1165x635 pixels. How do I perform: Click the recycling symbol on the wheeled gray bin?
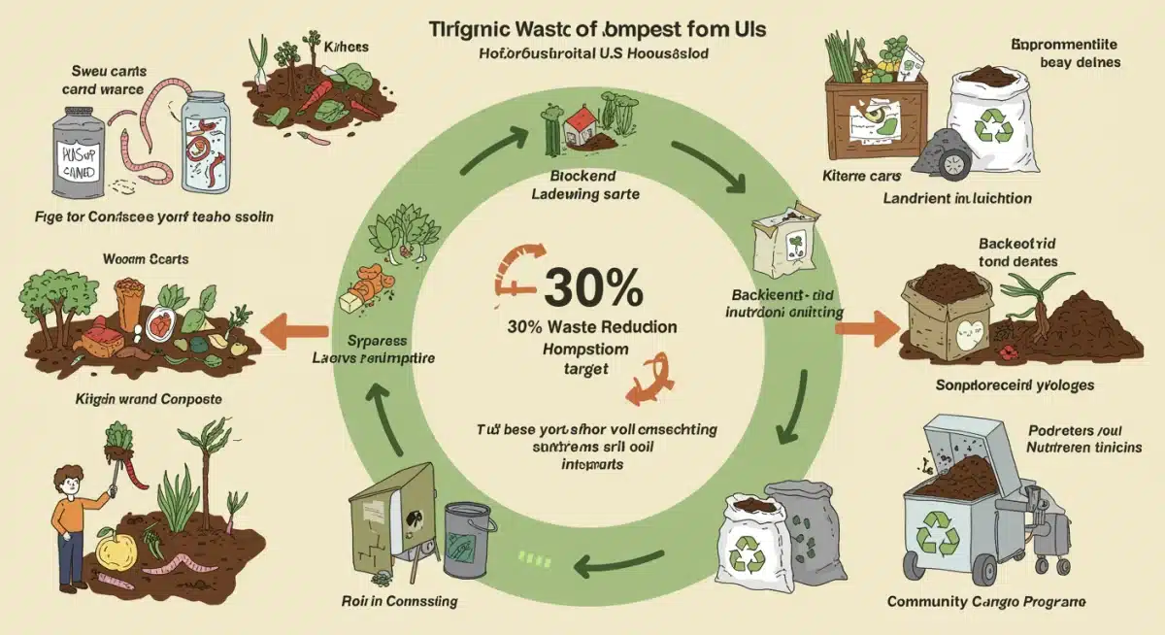(x=939, y=533)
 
